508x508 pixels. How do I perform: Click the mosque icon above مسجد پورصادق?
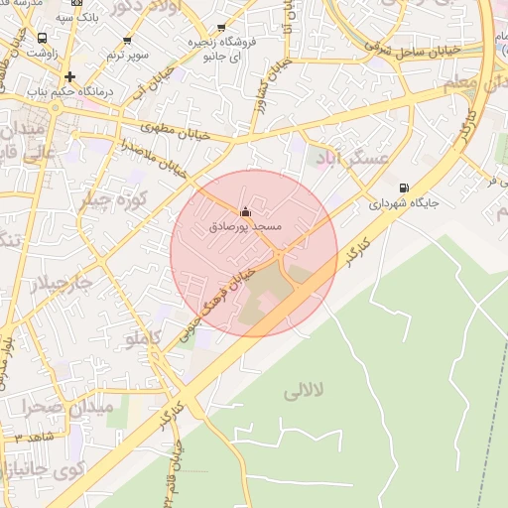point(246,211)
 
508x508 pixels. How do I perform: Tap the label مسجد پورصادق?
point(246,227)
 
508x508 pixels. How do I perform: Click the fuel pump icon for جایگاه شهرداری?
point(402,188)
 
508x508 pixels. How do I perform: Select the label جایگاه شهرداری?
point(405,203)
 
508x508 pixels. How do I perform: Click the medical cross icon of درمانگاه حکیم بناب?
point(69,76)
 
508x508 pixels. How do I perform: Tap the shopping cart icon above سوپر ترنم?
point(126,42)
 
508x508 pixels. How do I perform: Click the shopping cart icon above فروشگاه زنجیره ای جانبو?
point(220,28)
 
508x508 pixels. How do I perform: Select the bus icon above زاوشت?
point(42,38)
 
